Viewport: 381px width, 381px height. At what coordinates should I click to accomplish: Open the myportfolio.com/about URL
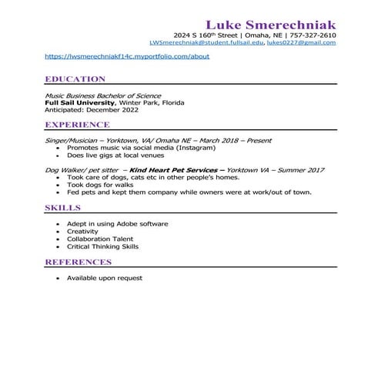click(127, 56)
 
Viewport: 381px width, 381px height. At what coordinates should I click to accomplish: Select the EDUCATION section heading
click(75, 79)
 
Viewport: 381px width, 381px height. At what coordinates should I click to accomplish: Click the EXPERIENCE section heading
click(77, 125)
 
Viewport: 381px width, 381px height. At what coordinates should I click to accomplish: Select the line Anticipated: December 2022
click(92, 110)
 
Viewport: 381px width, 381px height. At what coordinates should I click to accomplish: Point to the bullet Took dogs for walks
click(99, 185)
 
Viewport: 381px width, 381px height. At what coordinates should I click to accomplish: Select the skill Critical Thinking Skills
click(102, 247)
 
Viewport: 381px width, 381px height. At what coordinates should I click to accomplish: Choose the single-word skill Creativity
click(82, 232)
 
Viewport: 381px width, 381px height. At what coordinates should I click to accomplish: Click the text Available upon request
click(104, 278)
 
